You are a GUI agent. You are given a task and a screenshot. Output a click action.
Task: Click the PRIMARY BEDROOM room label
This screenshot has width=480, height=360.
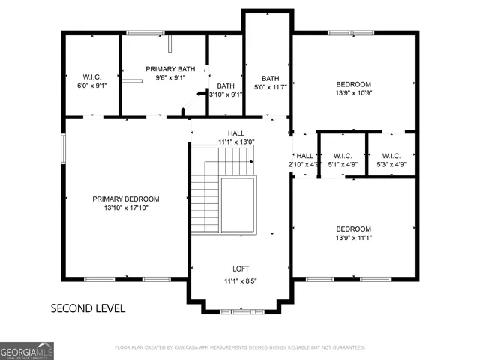coord(125,199)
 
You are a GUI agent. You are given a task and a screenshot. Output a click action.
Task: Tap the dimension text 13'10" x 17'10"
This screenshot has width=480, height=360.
coord(125,208)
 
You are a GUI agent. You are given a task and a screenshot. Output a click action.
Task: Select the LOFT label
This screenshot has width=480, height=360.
coord(241,268)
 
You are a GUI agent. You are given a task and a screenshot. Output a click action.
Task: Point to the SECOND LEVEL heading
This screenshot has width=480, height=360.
coord(88,307)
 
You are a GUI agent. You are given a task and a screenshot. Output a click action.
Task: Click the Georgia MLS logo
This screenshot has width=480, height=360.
coord(27,350)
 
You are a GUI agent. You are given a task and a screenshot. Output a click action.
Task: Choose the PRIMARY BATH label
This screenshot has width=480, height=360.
coord(170,69)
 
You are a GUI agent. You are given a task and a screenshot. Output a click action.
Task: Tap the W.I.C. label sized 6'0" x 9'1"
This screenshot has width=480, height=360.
coord(91,76)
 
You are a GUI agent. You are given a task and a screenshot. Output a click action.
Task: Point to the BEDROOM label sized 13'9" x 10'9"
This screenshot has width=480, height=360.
coord(353,84)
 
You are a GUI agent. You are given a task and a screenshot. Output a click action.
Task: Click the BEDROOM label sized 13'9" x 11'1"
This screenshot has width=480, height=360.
coord(353,229)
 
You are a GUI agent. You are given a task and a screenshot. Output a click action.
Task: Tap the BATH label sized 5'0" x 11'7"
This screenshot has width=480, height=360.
coord(271,79)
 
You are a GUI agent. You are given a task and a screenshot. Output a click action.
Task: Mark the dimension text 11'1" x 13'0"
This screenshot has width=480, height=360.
coord(236,142)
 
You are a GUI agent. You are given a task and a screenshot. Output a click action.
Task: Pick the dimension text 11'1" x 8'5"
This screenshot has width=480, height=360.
coord(241,281)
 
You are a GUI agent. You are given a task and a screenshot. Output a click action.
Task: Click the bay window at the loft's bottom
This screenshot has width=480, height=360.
coord(241,309)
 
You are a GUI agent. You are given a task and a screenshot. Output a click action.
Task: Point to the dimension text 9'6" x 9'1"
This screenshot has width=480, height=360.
coord(170,77)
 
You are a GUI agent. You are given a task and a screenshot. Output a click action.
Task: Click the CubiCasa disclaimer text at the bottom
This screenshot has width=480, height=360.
coord(239,347)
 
